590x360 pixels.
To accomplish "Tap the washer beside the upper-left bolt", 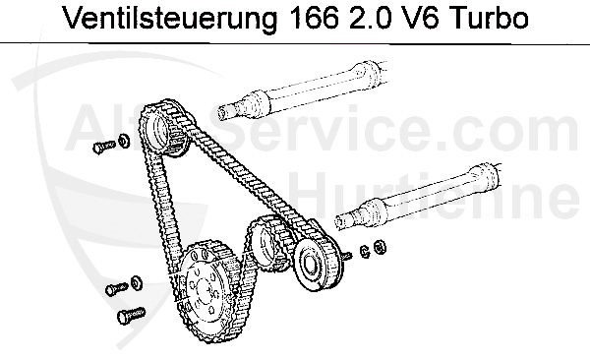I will tap(123, 140).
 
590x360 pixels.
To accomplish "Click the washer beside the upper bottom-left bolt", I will tap(136, 284).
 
